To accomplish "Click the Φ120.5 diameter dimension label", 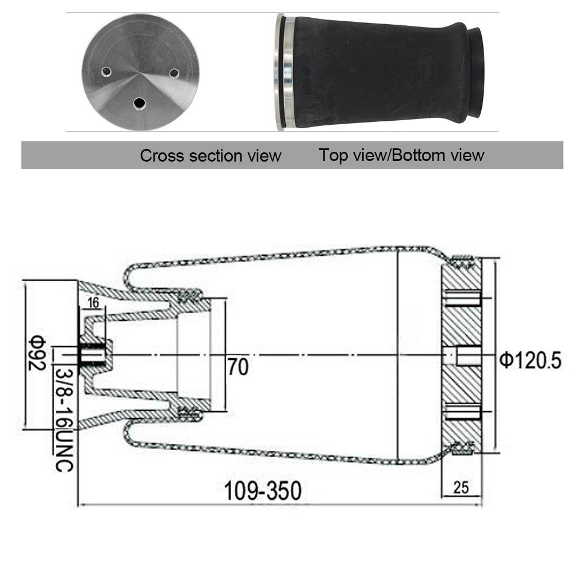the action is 530,360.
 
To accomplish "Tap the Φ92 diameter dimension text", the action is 37,353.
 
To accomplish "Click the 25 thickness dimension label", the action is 461,488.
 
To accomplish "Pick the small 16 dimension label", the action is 94,302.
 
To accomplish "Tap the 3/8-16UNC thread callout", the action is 64,420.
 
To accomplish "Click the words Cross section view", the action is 210,155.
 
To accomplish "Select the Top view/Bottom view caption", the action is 401,155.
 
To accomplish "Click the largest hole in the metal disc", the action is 139,103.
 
